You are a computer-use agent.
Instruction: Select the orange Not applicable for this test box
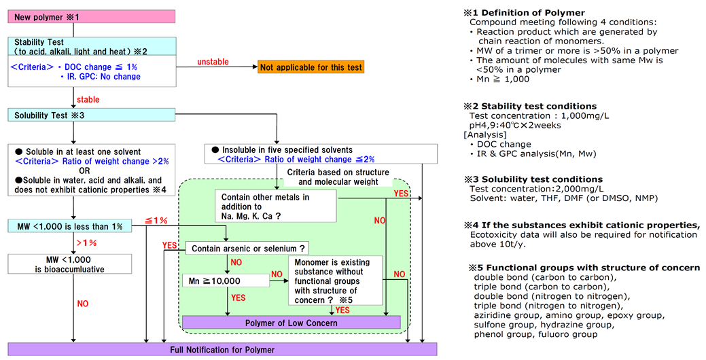311,67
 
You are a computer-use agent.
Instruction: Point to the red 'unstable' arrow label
213,61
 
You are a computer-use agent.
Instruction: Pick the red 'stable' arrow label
88,100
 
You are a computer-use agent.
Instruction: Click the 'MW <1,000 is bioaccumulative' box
71,264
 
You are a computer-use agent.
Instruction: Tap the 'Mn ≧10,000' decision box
225,279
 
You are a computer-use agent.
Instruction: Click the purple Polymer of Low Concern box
291,323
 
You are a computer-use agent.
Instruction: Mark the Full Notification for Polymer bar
222,350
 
